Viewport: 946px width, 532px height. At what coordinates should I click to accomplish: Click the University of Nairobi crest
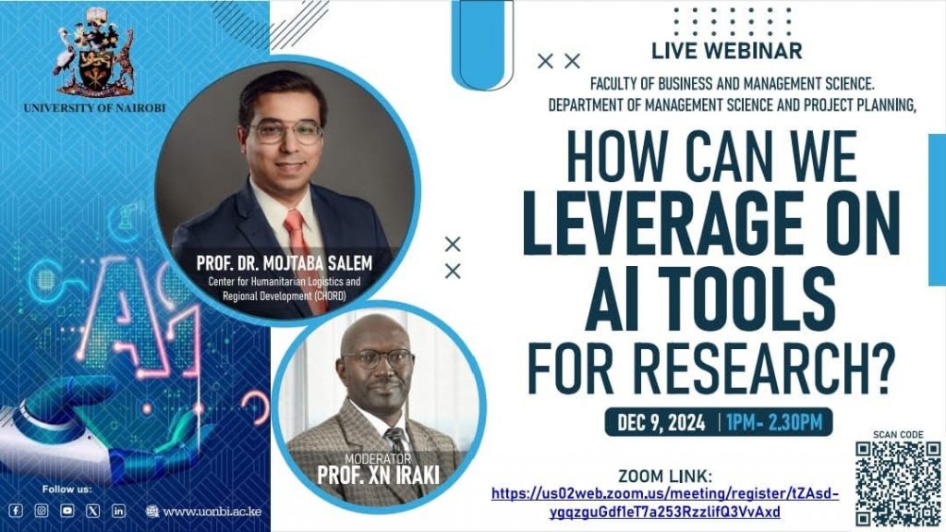(x=94, y=52)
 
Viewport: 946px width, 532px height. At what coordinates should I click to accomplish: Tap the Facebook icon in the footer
(x=16, y=511)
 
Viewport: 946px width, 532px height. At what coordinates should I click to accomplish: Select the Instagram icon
(x=41, y=511)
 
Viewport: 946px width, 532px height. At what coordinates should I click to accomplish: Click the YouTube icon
(x=67, y=511)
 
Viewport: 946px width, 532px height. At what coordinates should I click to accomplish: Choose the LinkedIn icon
(x=119, y=511)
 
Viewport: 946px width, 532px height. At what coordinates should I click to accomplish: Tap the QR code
(x=898, y=484)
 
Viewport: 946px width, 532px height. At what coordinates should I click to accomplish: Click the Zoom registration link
(x=665, y=503)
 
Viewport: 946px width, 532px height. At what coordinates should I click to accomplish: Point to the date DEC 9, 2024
(x=661, y=422)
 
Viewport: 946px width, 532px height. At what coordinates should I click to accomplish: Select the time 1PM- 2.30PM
(x=774, y=422)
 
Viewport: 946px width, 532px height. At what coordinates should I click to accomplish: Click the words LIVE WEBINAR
(x=727, y=52)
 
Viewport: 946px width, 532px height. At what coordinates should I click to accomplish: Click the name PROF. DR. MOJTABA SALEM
(x=285, y=263)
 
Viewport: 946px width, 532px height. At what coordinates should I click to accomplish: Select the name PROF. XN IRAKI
(x=378, y=476)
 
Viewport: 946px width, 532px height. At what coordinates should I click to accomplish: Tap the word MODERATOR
(x=378, y=460)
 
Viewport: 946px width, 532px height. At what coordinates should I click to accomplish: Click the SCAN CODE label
(x=898, y=434)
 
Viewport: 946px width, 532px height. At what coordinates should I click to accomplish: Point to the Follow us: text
(x=67, y=490)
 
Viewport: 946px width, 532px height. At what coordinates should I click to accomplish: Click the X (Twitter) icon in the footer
(x=93, y=511)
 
